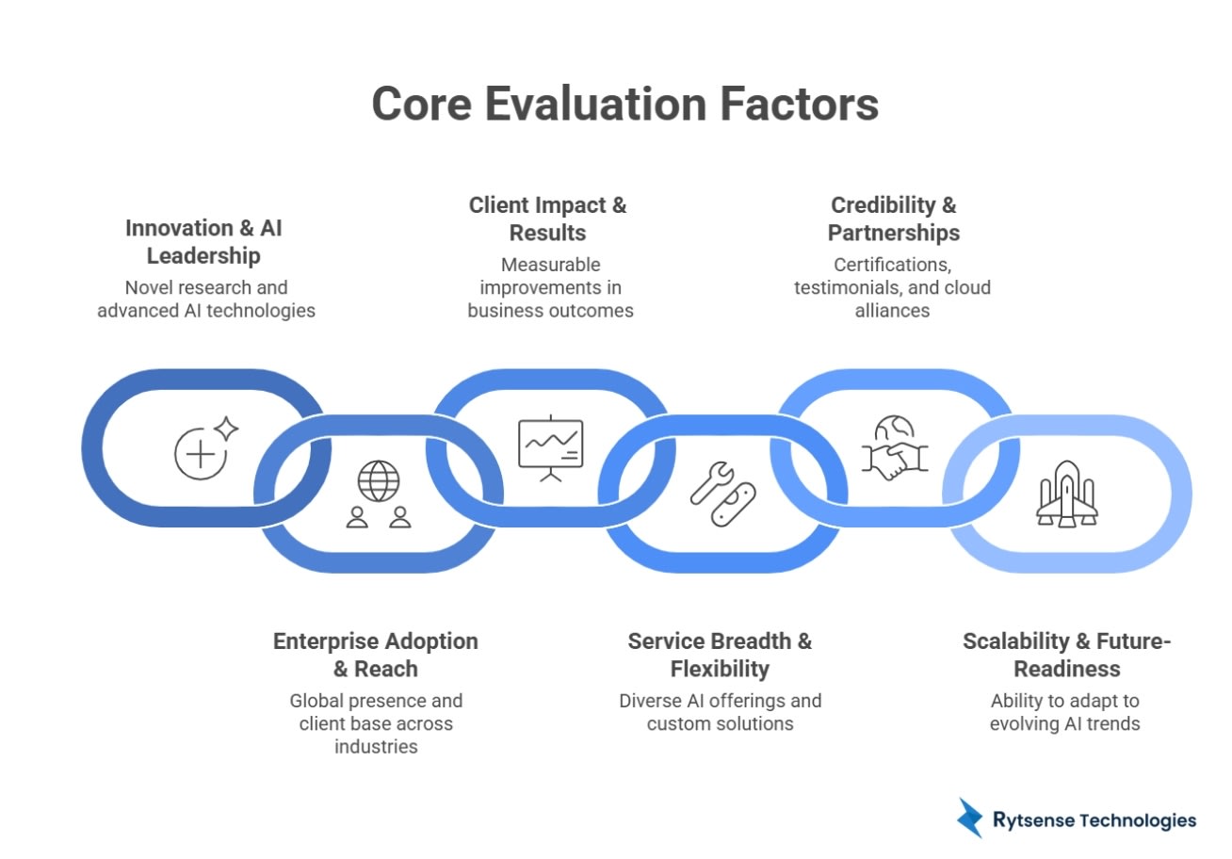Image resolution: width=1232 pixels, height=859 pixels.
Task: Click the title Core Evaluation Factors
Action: (624, 104)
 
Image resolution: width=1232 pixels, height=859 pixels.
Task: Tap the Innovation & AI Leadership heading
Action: (203, 242)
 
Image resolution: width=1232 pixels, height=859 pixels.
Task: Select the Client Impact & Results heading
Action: (547, 219)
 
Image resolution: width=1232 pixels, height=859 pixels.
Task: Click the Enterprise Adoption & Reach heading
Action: (375, 655)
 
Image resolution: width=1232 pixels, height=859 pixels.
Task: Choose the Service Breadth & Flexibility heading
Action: (720, 655)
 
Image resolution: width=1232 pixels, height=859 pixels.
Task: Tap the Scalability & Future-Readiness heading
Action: (1066, 655)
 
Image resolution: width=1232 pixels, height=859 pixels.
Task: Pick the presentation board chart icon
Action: (551, 448)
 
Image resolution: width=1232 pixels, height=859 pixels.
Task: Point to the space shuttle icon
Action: (1066, 494)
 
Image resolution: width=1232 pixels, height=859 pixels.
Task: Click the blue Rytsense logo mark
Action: (969, 818)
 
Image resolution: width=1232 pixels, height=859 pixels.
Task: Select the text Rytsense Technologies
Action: (1094, 820)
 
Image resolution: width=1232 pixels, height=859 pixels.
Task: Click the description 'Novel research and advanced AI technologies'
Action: (206, 299)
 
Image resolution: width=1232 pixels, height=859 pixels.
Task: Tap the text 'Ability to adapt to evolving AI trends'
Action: (1065, 712)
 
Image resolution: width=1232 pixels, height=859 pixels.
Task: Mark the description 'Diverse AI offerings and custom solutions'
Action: (720, 712)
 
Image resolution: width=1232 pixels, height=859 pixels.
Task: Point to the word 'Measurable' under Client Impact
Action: (550, 265)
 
